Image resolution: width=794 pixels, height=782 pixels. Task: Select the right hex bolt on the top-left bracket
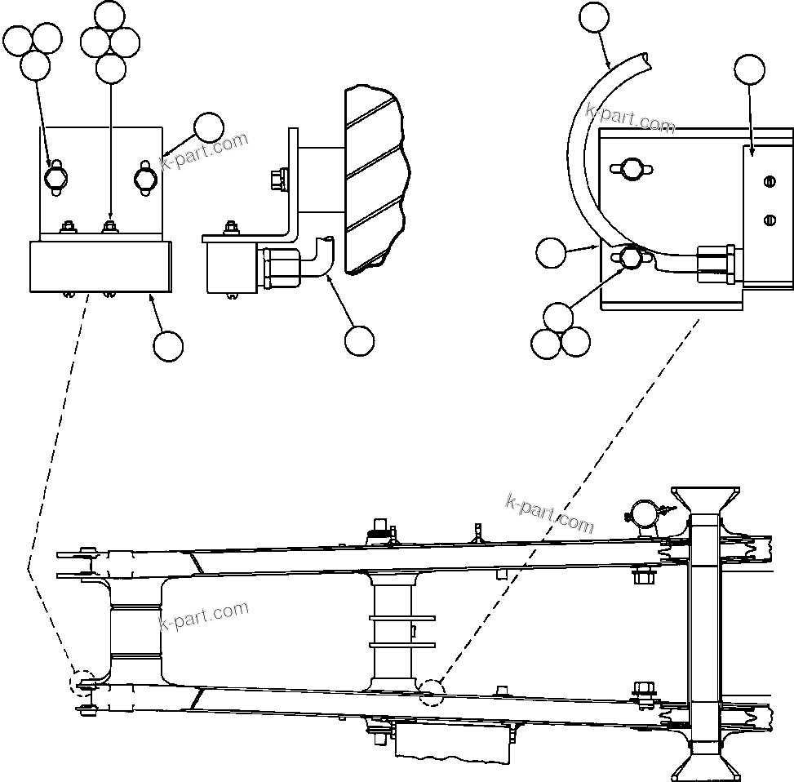tap(144, 177)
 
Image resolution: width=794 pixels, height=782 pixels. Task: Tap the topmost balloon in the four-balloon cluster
tap(110, 16)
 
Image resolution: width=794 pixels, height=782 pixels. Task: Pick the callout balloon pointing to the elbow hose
tap(359, 341)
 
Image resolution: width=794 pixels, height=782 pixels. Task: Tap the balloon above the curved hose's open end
tap(594, 16)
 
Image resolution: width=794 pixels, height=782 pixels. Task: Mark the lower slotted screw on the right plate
tap(767, 218)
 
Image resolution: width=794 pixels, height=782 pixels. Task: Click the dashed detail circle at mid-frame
tap(431, 692)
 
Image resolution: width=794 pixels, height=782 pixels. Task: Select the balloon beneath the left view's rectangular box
tap(168, 345)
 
